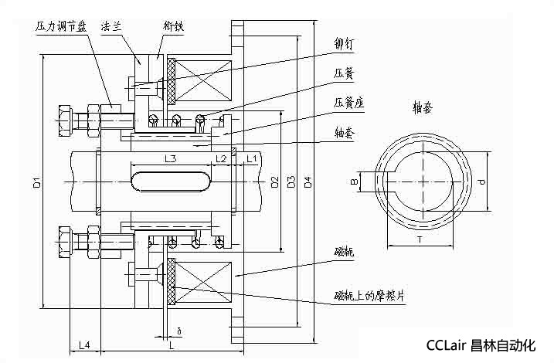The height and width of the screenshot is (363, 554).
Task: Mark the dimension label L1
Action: coord(250,158)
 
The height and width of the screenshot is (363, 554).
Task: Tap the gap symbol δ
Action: coord(178,331)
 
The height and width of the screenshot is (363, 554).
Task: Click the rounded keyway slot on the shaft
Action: coord(171,181)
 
